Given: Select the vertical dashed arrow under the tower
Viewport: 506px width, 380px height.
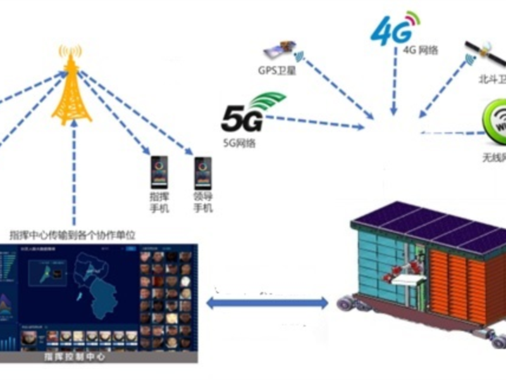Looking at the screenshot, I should click(x=75, y=171).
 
